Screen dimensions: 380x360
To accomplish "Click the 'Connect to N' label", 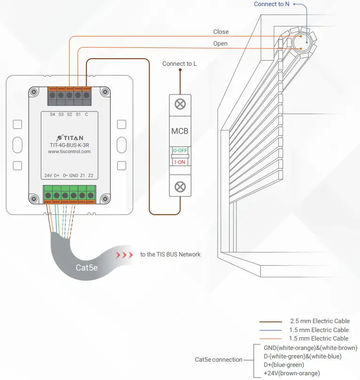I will pyautogui.click(x=272, y=4).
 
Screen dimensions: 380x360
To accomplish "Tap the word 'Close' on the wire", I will pyautogui.click(x=221, y=32).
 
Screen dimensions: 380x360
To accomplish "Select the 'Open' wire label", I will pyautogui.click(x=220, y=44).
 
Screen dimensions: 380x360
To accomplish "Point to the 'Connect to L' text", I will pyautogui.click(x=180, y=64).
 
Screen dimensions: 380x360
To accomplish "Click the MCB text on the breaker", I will pyautogui.click(x=180, y=131).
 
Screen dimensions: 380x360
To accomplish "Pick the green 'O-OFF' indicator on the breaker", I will pyautogui.click(x=180, y=151).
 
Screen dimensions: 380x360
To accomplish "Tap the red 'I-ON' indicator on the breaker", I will pyautogui.click(x=180, y=162).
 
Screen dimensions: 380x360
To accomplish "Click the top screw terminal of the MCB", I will pyautogui.click(x=180, y=105).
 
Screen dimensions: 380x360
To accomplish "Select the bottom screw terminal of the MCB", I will pyautogui.click(x=180, y=187).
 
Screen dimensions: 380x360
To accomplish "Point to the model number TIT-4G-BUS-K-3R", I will pyautogui.click(x=70, y=145).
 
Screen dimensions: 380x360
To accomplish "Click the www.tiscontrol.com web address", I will pyautogui.click(x=70, y=152).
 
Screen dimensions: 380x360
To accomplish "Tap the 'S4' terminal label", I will pyautogui.click(x=52, y=114).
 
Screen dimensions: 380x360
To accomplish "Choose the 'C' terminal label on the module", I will pyautogui.click(x=86, y=114).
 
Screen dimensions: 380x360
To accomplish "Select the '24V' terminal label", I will pyautogui.click(x=48, y=176).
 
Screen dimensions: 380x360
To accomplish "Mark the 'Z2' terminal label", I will pyautogui.click(x=91, y=176).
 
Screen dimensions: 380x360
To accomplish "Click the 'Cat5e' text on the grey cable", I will pyautogui.click(x=87, y=268).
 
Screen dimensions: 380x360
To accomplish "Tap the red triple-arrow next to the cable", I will pyautogui.click(x=125, y=255).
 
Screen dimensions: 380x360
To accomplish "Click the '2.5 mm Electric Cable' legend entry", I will pyautogui.click(x=320, y=321).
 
